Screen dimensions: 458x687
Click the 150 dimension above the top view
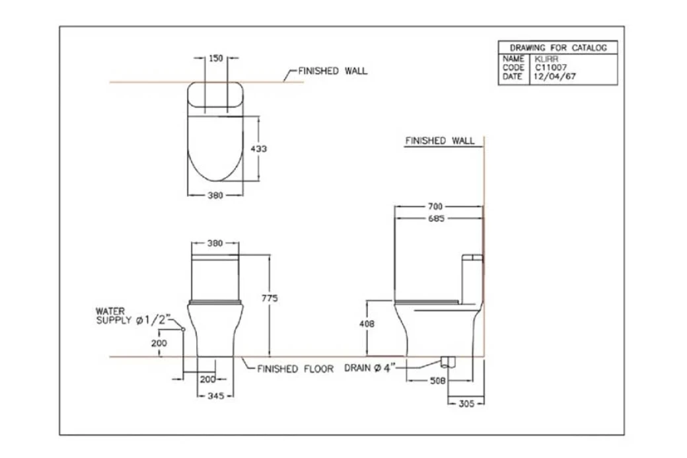click(216, 58)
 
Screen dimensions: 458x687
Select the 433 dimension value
click(259, 149)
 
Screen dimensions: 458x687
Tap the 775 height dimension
click(270, 299)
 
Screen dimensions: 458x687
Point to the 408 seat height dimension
click(367, 324)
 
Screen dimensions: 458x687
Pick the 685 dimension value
click(435, 219)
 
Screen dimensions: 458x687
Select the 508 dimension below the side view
click(438, 381)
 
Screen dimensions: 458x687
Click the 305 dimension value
click(466, 403)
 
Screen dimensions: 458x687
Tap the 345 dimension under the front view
click(215, 396)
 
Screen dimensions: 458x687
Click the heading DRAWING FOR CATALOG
click(558, 48)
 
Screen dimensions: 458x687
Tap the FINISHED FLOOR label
click(295, 369)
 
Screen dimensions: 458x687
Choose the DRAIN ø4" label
click(369, 369)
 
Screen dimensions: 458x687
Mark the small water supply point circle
click(183, 329)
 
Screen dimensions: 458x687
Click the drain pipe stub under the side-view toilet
click(449, 362)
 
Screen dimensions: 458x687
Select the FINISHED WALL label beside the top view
click(333, 71)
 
